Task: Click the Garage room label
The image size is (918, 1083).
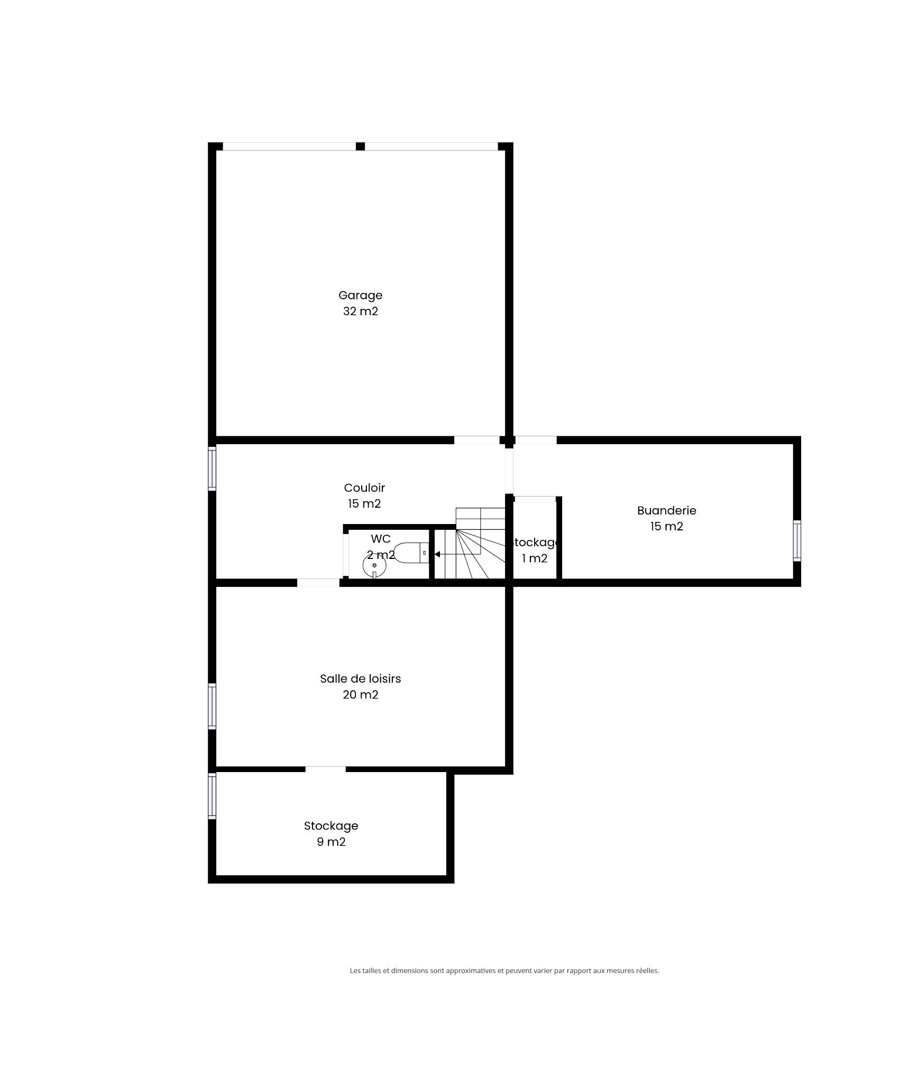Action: tap(360, 295)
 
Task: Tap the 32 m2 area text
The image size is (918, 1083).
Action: tap(361, 311)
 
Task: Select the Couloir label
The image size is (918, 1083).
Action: tap(364, 488)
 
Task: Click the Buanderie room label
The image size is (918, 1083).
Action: tap(666, 510)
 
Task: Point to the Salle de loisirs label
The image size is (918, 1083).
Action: tap(360, 678)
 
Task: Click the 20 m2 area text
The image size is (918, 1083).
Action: tap(361, 694)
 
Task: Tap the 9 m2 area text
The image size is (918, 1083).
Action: tap(331, 841)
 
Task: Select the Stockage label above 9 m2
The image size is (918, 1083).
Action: tap(331, 826)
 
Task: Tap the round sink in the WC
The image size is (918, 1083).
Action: tap(374, 566)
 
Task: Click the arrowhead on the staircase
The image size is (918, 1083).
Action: tap(437, 554)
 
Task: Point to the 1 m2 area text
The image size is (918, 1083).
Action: tap(535, 558)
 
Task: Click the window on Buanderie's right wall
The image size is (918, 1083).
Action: tap(797, 540)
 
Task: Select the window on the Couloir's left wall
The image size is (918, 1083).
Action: tap(212, 468)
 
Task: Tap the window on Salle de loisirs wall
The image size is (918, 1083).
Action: tap(212, 706)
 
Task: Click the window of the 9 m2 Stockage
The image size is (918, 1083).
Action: tap(212, 796)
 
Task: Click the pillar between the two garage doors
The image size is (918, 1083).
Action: tap(360, 146)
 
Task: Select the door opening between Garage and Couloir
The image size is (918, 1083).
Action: tap(476, 440)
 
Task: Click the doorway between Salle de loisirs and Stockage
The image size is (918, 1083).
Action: tap(325, 769)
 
